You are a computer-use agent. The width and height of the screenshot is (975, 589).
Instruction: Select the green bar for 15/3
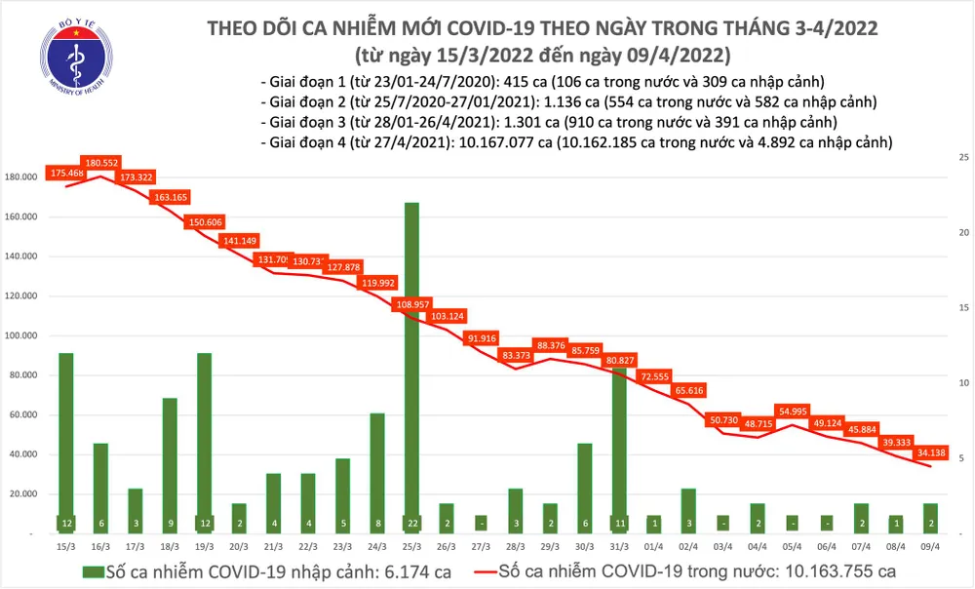tap(65, 439)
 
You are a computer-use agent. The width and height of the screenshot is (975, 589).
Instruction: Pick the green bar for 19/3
tap(204, 439)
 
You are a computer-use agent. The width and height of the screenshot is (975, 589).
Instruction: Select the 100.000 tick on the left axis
tap(21, 335)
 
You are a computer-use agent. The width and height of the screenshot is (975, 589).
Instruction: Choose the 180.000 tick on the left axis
tap(21, 177)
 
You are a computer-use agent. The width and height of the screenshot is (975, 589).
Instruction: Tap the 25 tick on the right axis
tap(963, 156)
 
